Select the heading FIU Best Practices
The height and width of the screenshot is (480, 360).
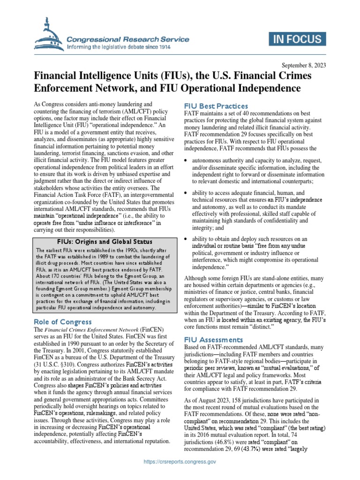click(215, 106)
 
